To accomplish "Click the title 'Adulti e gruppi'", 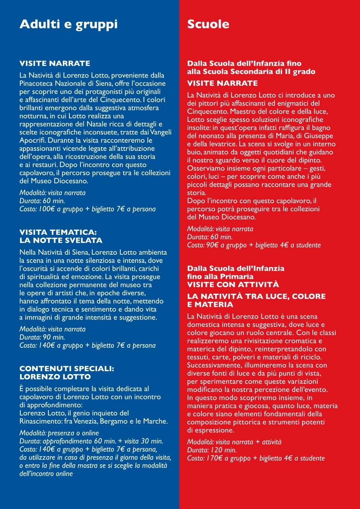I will (x=69, y=25).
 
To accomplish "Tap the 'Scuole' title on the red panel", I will (x=208, y=25).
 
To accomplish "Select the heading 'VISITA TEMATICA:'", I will (x=58, y=232).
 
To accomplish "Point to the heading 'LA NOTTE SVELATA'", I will (x=61, y=240).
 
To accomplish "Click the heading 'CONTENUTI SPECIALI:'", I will (x=66, y=369).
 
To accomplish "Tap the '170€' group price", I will (x=215, y=458).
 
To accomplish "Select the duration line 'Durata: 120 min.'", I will (x=212, y=450).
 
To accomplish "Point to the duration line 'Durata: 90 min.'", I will (x=42, y=337).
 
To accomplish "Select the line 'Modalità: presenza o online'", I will (x=59, y=433).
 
